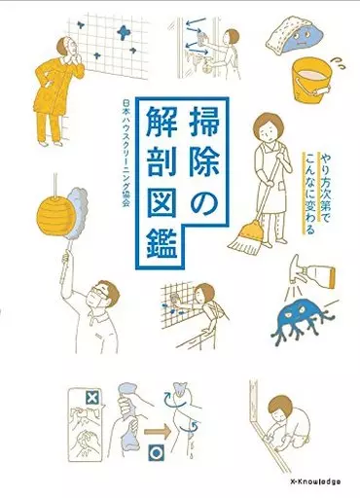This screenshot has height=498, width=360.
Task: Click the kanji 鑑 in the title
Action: (162, 244)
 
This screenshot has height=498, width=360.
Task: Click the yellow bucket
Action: (311, 81)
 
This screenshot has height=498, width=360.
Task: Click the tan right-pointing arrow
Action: (157, 432)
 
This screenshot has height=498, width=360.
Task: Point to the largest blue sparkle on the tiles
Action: (124, 33)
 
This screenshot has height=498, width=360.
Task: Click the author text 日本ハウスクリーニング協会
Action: (125, 152)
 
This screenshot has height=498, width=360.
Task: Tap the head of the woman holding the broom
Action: (267, 127)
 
